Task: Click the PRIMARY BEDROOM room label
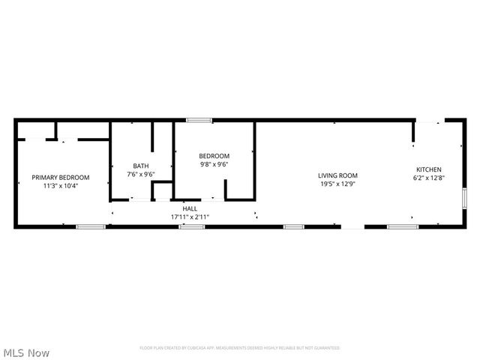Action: [x=60, y=178]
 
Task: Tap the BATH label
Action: [x=141, y=166]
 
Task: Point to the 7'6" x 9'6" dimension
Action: [x=141, y=174]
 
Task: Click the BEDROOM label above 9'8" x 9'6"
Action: [x=214, y=156]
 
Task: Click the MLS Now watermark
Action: [x=27, y=352]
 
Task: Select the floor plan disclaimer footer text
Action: [x=240, y=348]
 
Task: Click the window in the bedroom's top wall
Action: [x=199, y=119]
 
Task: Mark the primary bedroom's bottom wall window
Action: [x=91, y=226]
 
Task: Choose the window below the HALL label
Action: [x=192, y=226]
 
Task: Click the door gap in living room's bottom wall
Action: [x=352, y=226]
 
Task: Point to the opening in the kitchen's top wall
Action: [x=429, y=119]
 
